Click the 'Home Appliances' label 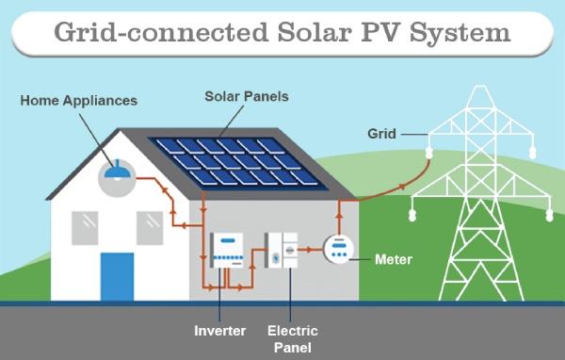pyautogui.click(x=79, y=100)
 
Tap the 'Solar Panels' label pyautogui.click(x=247, y=96)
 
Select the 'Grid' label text pyautogui.click(x=381, y=135)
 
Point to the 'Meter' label pyautogui.click(x=393, y=258)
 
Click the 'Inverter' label pyautogui.click(x=220, y=331)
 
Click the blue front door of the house pyautogui.click(x=118, y=276)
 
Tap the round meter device pyautogui.click(x=338, y=249)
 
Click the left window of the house pyautogui.click(x=86, y=226)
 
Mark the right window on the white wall pyautogui.click(x=150, y=226)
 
